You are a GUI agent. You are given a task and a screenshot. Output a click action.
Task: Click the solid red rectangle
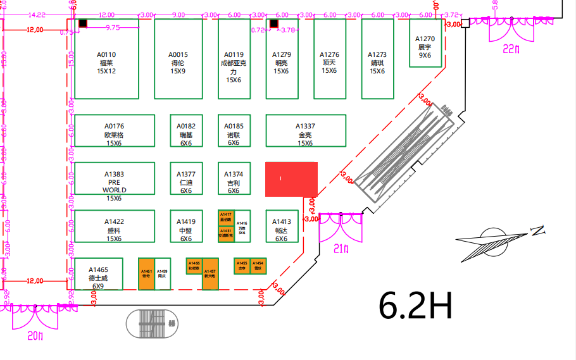click(x=291, y=179)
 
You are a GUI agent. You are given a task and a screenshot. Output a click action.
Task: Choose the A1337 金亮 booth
click(x=306, y=131)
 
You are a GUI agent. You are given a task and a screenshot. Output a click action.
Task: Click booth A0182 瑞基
click(x=186, y=131)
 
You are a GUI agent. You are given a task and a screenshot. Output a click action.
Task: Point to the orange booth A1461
click(x=146, y=274)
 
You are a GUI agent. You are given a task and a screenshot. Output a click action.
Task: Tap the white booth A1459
click(x=163, y=274)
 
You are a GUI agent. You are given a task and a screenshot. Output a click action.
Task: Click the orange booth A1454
click(x=258, y=264)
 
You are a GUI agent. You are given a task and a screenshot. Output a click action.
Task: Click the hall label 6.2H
click(x=415, y=306)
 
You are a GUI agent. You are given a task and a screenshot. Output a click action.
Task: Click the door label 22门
click(x=511, y=49)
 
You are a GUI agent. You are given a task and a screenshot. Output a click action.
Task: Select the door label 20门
click(x=35, y=336)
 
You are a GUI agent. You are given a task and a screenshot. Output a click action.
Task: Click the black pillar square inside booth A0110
click(x=82, y=24)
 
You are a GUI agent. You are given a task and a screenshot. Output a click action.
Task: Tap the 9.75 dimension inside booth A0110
click(x=113, y=28)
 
